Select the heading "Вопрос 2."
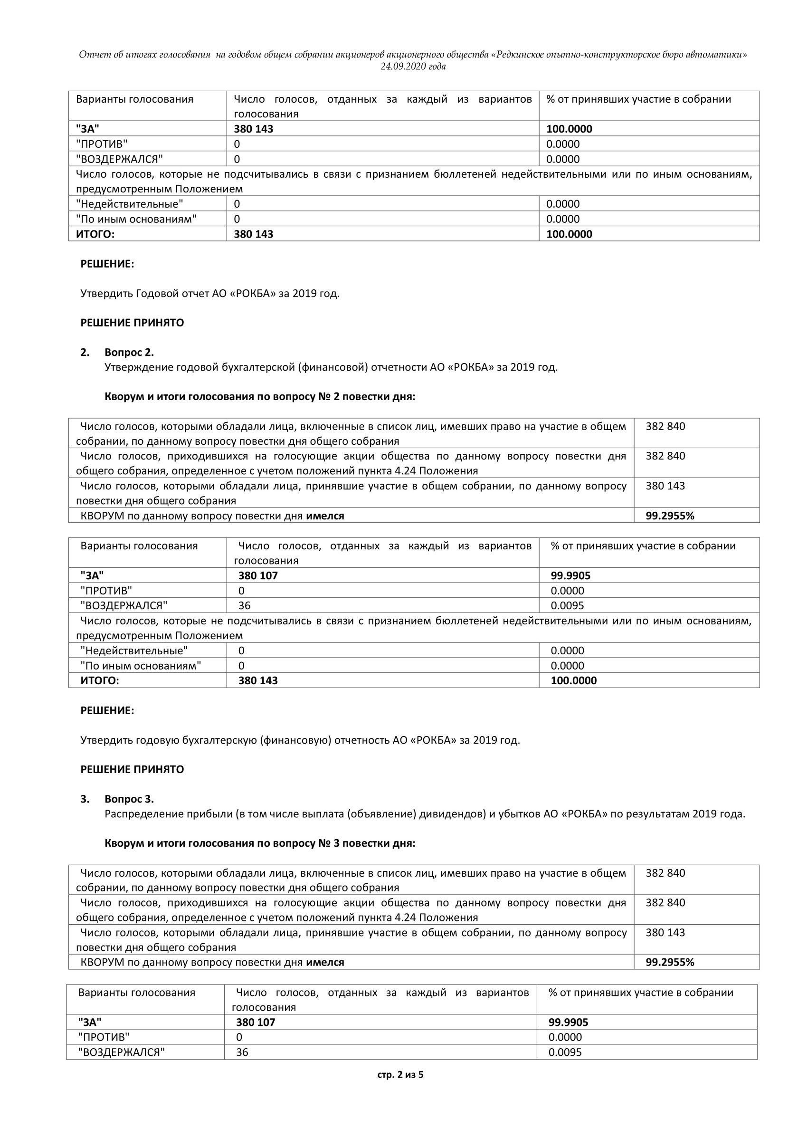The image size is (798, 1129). pos(129,352)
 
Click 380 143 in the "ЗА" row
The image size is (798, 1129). pos(253,129)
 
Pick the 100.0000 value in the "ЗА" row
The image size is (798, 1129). pos(569,129)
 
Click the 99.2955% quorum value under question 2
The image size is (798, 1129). pos(670,516)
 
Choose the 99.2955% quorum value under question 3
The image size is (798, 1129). pos(670,962)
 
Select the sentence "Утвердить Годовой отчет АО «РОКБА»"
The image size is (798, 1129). pos(210,294)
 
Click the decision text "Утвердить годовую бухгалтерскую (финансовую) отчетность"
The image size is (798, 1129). pos(300,740)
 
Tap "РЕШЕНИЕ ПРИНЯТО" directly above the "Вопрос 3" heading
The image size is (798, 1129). pos(132,770)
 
